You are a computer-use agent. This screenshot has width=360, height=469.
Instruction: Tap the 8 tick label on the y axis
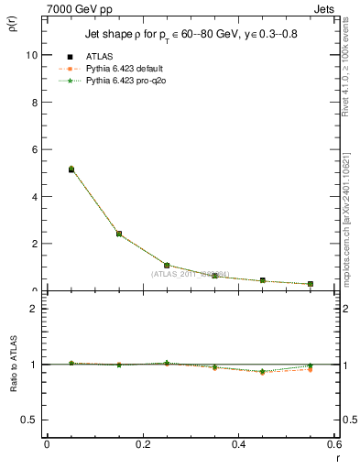[34, 102]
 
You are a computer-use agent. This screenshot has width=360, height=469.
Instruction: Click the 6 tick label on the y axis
[34, 149]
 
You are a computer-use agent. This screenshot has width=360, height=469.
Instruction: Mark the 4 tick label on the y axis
[34, 197]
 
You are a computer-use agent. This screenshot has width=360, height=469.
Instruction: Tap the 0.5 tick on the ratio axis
[29, 420]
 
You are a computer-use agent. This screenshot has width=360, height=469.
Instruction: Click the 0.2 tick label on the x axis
[142, 444]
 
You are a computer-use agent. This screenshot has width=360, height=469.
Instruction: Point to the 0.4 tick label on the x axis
[238, 444]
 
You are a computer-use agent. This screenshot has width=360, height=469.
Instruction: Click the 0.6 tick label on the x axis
[333, 444]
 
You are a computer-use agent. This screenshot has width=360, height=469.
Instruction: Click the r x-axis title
[337, 455]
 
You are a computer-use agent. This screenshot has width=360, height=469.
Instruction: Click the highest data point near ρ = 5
[71, 169]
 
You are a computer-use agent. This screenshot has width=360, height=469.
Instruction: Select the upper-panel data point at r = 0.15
[119, 234]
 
